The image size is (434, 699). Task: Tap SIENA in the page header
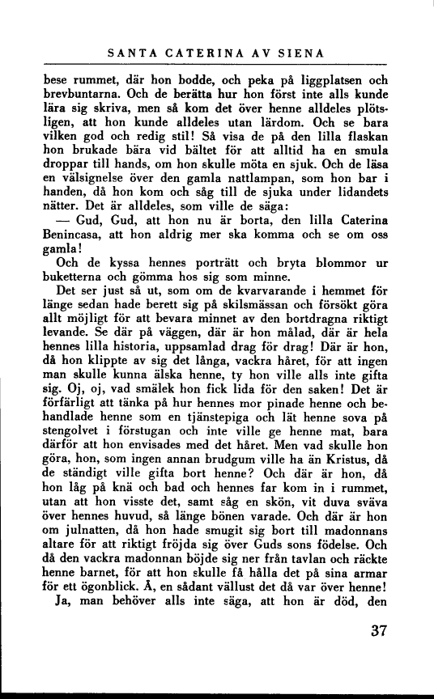(x=300, y=54)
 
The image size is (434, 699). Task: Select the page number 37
(x=377, y=631)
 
